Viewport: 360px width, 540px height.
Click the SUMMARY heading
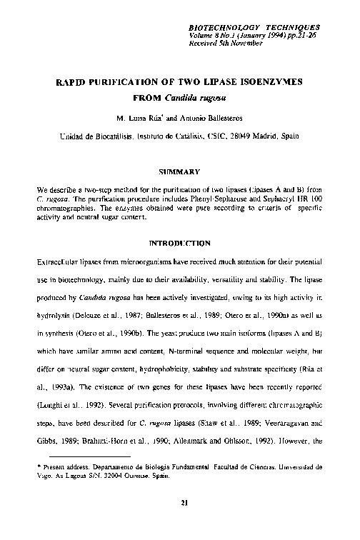click(179, 171)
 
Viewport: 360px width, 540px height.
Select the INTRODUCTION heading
click(179, 243)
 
